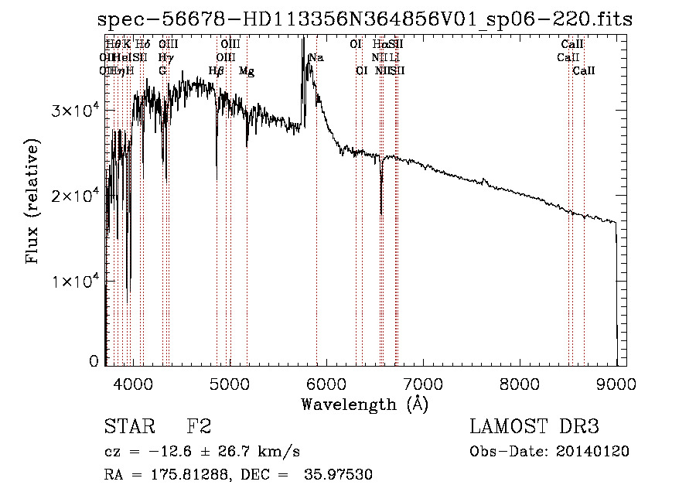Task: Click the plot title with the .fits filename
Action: (x=364, y=21)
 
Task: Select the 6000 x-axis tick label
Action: (x=326, y=384)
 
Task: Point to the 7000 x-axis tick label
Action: (x=423, y=384)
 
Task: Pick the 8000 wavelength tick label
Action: (x=520, y=384)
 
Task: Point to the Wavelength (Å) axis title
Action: (x=364, y=404)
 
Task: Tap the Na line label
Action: (x=316, y=58)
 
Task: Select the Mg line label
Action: (x=247, y=71)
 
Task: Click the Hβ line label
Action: (x=217, y=71)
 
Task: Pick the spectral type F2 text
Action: (x=200, y=427)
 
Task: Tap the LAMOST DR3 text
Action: (x=534, y=427)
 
